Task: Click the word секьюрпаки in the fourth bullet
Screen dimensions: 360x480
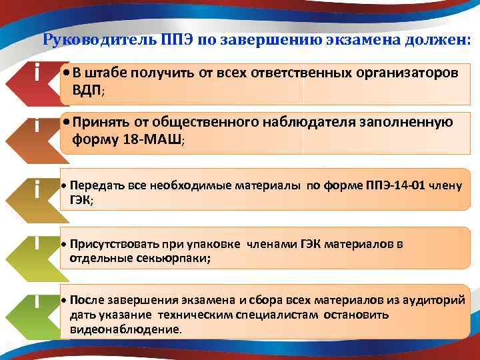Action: click(173, 259)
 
